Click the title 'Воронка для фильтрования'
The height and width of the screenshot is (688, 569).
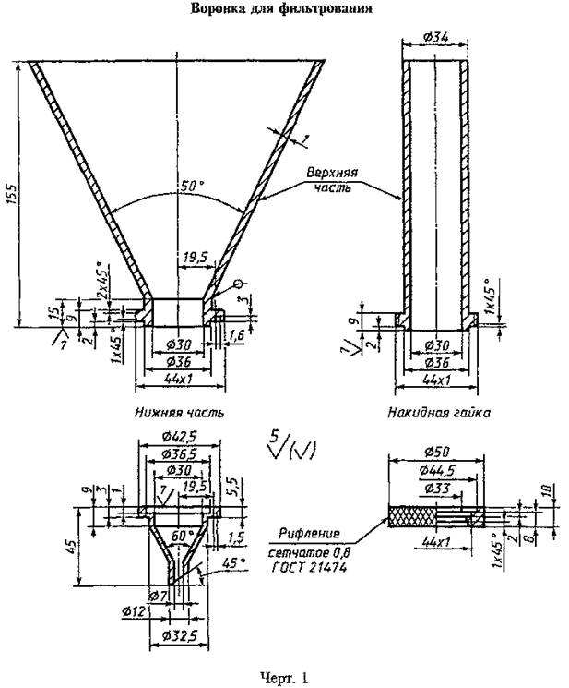pos(282,10)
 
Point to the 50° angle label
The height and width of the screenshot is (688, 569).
pos(191,187)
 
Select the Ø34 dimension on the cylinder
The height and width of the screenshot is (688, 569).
pos(437,38)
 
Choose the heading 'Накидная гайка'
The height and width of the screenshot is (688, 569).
pos(436,412)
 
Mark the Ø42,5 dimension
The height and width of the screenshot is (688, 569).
pos(178,436)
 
